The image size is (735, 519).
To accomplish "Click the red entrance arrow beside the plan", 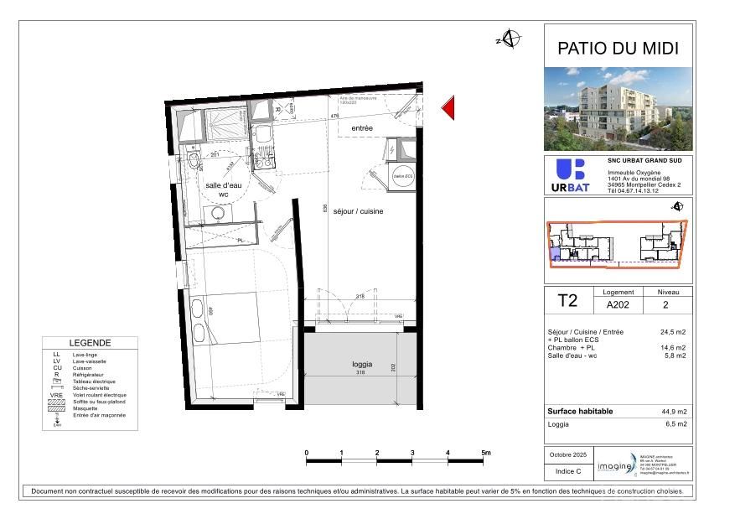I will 448,108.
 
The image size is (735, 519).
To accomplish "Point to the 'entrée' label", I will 362,128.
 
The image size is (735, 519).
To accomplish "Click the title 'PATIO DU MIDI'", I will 619,49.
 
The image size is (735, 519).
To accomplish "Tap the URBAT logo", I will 569,174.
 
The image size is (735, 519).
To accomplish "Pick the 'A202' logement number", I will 619,305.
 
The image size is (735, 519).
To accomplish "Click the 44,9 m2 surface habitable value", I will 675,412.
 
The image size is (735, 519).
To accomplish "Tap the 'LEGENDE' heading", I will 90,343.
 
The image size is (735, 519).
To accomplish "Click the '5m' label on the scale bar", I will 486,454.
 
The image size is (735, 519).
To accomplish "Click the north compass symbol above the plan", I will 510,39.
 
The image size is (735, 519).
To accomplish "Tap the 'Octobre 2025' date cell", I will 567,454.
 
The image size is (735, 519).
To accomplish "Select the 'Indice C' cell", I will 567,472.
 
